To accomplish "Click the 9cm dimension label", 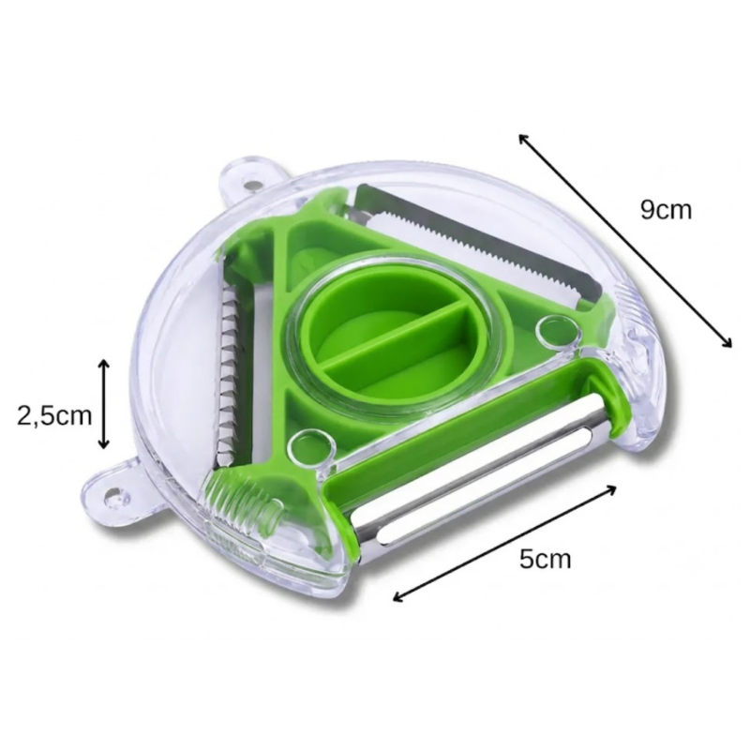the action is [666, 209].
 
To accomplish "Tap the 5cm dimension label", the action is [546, 559].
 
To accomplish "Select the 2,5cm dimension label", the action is [54, 415].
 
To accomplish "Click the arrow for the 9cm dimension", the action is [625, 240].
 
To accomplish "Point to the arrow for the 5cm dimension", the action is [504, 543].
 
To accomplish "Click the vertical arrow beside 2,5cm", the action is [103, 404].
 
